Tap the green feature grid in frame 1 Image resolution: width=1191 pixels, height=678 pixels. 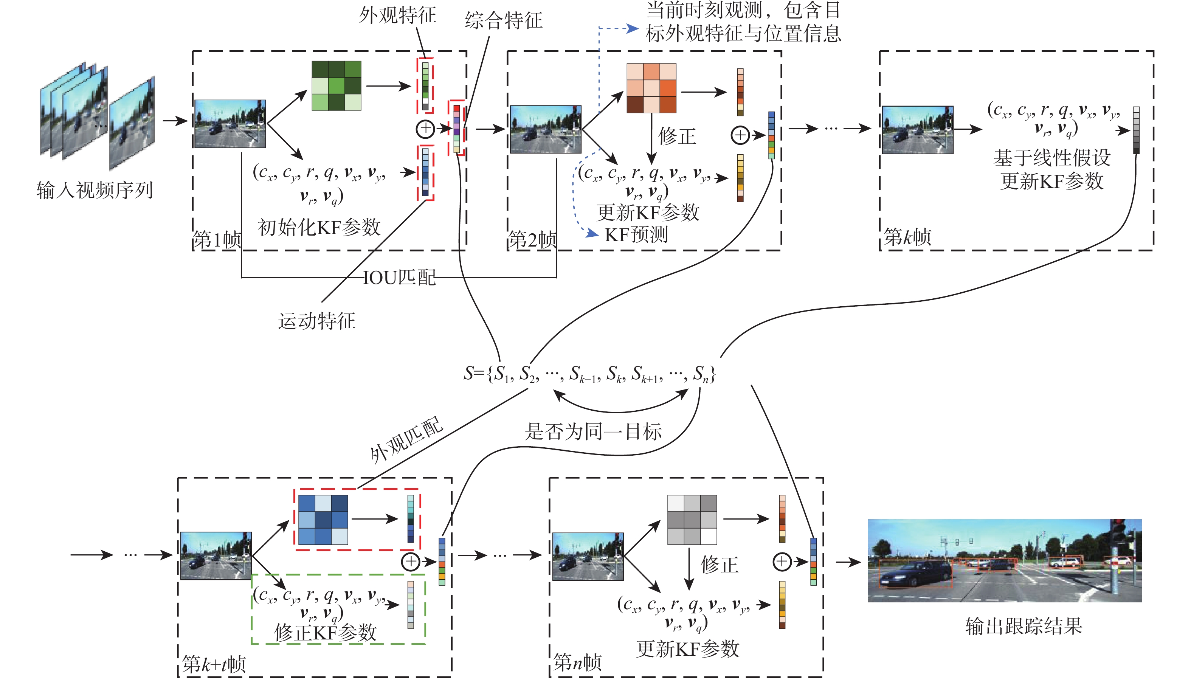[336, 86]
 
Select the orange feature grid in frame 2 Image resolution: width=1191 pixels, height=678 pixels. [651, 88]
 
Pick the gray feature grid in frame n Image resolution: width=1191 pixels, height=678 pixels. [692, 520]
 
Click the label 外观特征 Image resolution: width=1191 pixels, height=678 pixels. [397, 16]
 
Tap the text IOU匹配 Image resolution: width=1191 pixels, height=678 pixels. [399, 278]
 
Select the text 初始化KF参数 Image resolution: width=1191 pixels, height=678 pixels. [319, 228]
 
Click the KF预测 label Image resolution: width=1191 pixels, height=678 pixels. [636, 235]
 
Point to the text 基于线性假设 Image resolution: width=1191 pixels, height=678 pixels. [1052, 158]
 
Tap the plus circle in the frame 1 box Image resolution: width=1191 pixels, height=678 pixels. [425, 129]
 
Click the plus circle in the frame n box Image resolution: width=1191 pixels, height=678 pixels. [782, 562]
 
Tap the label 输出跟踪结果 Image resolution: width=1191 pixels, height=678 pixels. [1024, 626]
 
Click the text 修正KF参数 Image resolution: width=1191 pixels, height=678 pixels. [325, 632]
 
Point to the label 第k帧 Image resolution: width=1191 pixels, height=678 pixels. [907, 237]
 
